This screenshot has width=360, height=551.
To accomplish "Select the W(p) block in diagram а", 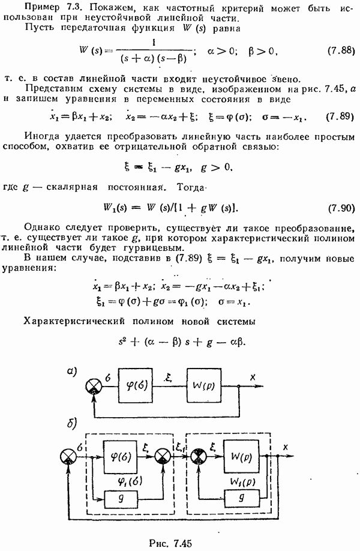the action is click(x=204, y=385).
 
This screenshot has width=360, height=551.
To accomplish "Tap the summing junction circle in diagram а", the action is click(x=94, y=387).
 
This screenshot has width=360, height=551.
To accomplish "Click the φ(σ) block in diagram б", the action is click(x=120, y=457).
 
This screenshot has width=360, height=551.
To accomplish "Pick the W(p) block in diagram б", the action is click(x=241, y=457).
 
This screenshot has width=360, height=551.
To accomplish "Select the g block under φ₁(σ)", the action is click(x=121, y=498).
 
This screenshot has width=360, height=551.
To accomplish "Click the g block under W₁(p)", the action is click(x=241, y=498).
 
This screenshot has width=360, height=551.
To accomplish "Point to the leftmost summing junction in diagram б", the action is click(x=68, y=457).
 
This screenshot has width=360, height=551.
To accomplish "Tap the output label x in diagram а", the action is click(x=253, y=378).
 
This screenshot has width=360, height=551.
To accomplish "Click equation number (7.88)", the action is click(x=340, y=50).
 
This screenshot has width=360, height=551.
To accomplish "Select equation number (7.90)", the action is click(x=341, y=208).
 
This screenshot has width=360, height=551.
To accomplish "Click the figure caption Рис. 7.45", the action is click(x=170, y=543).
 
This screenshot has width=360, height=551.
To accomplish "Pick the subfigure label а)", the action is click(x=72, y=372).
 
